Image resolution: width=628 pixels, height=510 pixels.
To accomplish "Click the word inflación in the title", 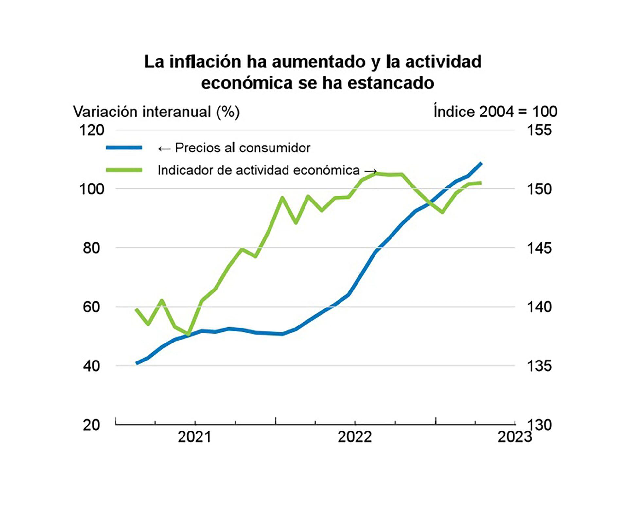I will click(x=205, y=62).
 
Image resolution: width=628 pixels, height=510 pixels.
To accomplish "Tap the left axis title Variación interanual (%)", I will click(x=156, y=112).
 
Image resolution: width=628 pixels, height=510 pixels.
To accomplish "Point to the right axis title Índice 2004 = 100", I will click(x=495, y=112).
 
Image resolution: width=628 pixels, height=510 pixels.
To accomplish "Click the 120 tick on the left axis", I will click(x=92, y=130).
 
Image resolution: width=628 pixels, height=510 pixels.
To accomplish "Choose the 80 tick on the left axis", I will click(x=92, y=248).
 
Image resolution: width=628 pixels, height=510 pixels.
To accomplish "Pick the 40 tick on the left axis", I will click(x=92, y=366).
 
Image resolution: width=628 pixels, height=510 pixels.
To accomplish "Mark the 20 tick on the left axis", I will click(x=92, y=425).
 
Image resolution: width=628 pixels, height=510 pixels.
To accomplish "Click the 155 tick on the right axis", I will click(x=539, y=130).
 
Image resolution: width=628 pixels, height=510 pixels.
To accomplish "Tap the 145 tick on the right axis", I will click(x=539, y=248).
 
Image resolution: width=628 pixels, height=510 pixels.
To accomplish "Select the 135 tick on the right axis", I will click(x=539, y=366).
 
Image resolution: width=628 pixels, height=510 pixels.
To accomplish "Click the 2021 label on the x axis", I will click(x=195, y=437).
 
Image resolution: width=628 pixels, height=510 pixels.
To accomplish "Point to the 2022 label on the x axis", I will click(x=355, y=437).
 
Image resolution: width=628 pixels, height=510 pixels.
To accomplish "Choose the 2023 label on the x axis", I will click(x=515, y=437).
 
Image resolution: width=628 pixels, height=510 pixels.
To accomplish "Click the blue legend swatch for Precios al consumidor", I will click(x=124, y=148).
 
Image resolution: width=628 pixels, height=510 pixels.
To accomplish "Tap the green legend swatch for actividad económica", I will click(x=124, y=170).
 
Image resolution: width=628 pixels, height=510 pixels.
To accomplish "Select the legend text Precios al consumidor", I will click(x=242, y=148).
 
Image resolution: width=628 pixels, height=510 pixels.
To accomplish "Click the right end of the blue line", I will click(x=481, y=163).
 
